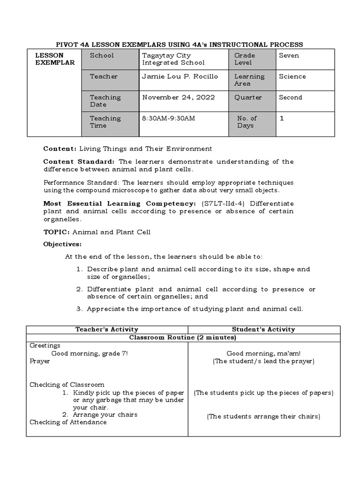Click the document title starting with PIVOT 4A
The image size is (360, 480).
(180, 45)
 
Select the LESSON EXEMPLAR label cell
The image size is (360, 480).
(55, 59)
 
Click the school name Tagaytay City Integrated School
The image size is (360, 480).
(173, 59)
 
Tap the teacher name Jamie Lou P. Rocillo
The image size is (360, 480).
(180, 76)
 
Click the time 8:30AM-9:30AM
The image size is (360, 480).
(168, 119)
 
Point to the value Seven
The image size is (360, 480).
(289, 55)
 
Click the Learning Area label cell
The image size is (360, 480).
(249, 80)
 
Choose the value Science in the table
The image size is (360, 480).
(292, 76)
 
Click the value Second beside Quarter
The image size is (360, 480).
(291, 97)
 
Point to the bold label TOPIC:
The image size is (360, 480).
(56, 232)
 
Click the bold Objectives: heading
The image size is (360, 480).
(62, 244)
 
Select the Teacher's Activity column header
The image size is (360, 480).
(107, 330)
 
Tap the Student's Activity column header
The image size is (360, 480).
(263, 330)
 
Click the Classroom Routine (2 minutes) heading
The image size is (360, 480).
(182, 337)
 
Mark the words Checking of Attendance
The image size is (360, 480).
(68, 422)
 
